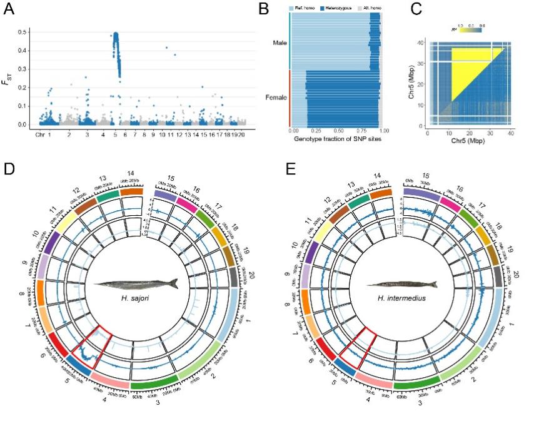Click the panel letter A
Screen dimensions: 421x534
click(x=11, y=10)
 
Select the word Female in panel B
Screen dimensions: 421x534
click(x=276, y=97)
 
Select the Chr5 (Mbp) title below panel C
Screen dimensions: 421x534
click(x=468, y=141)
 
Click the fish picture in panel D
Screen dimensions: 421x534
click(x=137, y=283)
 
